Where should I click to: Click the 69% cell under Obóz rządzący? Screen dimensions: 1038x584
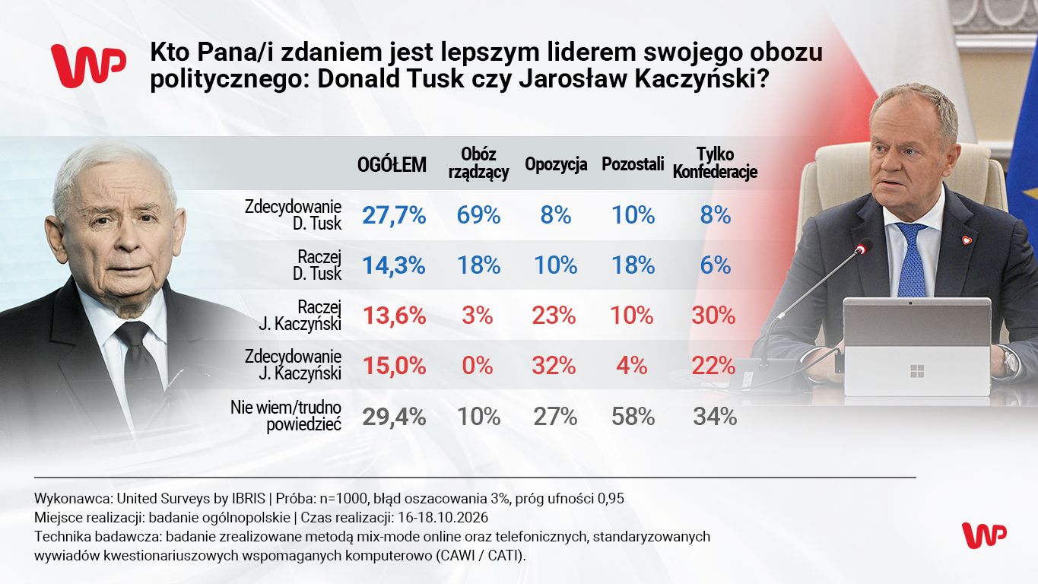point(478,215)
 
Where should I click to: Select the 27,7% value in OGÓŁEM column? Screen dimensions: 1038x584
point(394,215)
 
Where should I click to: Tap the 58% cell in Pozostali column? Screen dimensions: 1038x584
point(633,417)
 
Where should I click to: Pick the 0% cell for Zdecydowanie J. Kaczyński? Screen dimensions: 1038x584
point(478,367)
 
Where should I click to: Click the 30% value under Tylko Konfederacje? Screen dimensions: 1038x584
point(713,316)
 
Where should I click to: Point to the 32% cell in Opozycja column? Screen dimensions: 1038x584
point(554,367)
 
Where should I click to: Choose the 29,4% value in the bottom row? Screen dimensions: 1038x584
point(394,417)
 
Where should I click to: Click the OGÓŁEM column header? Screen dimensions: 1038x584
point(392,164)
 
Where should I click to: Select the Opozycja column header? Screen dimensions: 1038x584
point(556,164)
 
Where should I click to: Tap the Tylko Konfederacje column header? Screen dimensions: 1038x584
point(715,163)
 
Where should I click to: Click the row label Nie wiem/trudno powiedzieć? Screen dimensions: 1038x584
point(286,416)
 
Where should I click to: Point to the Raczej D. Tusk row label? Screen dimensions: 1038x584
point(317,265)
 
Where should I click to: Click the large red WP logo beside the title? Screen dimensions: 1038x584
point(88,66)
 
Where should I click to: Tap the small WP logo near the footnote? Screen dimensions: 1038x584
point(984,535)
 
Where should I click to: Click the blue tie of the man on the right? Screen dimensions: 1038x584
point(911,259)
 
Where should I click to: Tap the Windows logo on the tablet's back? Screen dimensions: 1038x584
point(917,371)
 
